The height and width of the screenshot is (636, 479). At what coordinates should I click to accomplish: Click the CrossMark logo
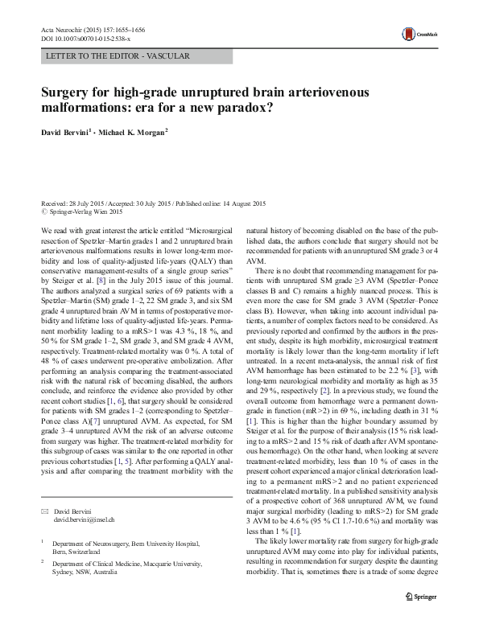point(416,35)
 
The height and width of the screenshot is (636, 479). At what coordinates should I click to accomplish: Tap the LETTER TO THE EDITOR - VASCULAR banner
point(114,56)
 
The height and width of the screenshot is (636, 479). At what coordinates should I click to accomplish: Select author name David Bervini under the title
point(67,133)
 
